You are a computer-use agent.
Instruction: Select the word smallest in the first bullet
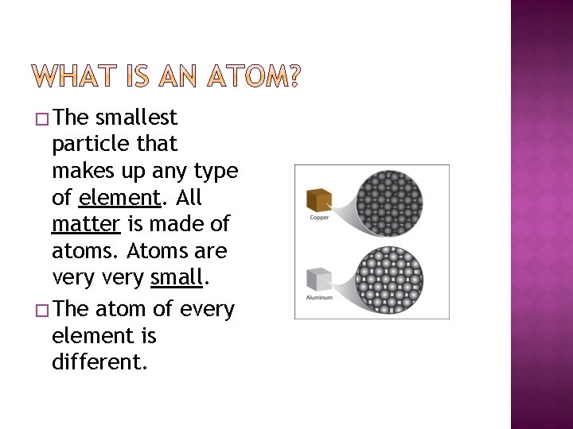(x=136, y=118)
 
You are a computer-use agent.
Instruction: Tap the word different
(x=99, y=363)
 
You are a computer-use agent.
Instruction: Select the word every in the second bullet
(x=207, y=309)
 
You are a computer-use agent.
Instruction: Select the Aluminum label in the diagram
(x=320, y=297)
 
